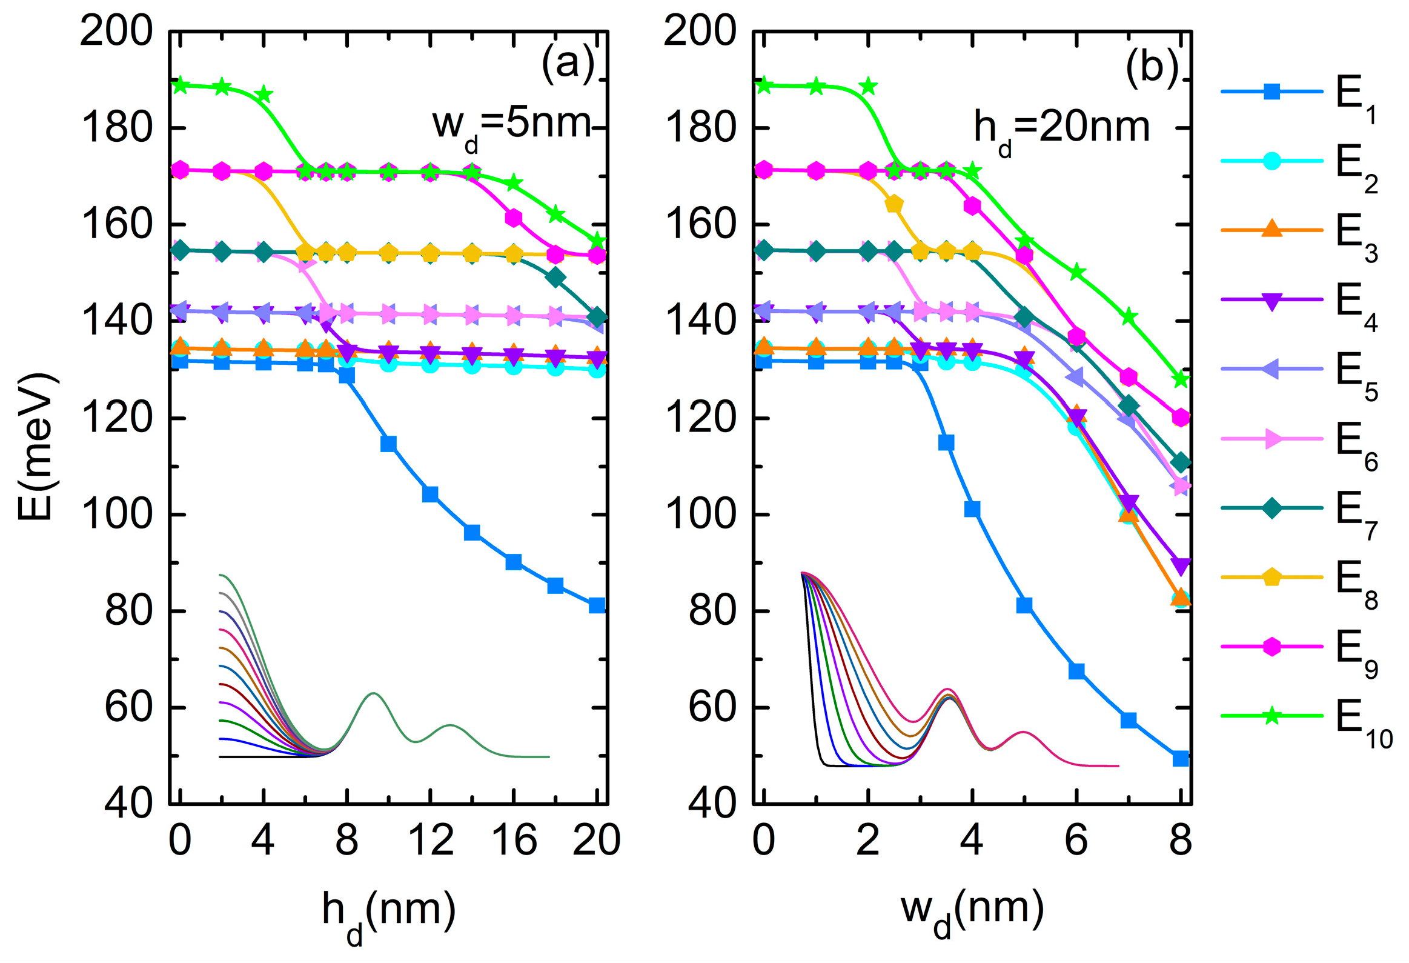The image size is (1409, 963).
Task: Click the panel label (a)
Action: [x=568, y=63]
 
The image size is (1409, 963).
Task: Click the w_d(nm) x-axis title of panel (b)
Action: [x=972, y=913]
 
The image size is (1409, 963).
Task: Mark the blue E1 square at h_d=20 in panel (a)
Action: [x=597, y=605]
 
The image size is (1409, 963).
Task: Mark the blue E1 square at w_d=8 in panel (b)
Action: [x=1181, y=759]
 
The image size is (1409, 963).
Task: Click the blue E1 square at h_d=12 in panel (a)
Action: [x=430, y=495]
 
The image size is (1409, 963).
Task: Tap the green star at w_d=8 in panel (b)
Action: [x=1181, y=379]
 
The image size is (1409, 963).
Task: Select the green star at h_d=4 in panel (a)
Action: [x=263, y=95]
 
